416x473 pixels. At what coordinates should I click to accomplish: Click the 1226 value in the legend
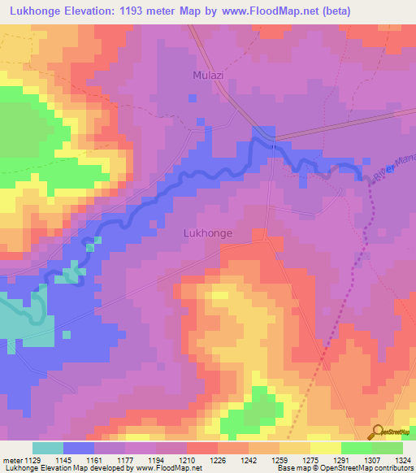tap(218, 461)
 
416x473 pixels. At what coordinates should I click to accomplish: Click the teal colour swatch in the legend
tap(47, 448)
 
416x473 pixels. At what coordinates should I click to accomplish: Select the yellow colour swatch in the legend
tap(326, 448)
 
